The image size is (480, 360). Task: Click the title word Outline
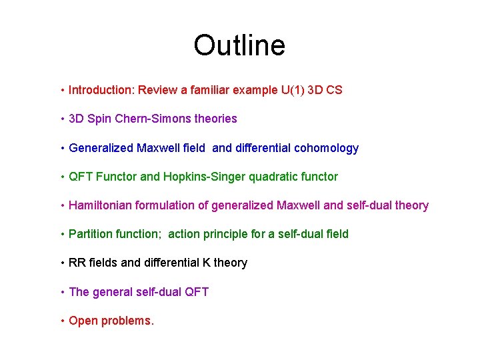click(x=239, y=45)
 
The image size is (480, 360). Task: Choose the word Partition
click(x=90, y=234)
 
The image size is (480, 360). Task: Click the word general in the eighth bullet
click(x=111, y=291)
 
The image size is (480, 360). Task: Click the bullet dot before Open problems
click(x=61, y=321)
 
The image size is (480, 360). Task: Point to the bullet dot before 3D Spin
click(x=61, y=119)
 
